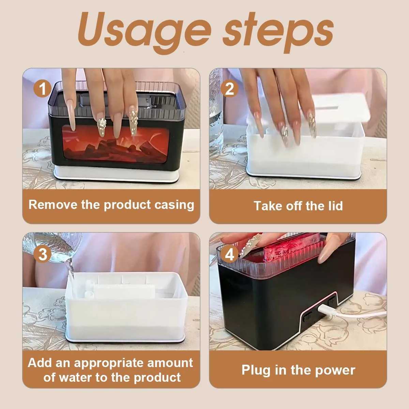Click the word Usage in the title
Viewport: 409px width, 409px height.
[x=145, y=32]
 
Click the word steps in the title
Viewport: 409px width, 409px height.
[x=278, y=32]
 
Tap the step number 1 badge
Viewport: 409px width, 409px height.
[x=43, y=89]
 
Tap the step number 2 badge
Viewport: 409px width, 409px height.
[x=229, y=89]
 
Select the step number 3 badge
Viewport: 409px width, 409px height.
[x=43, y=254]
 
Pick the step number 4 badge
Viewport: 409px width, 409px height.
[x=229, y=254]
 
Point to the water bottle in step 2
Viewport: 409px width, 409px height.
[x=216, y=110]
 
